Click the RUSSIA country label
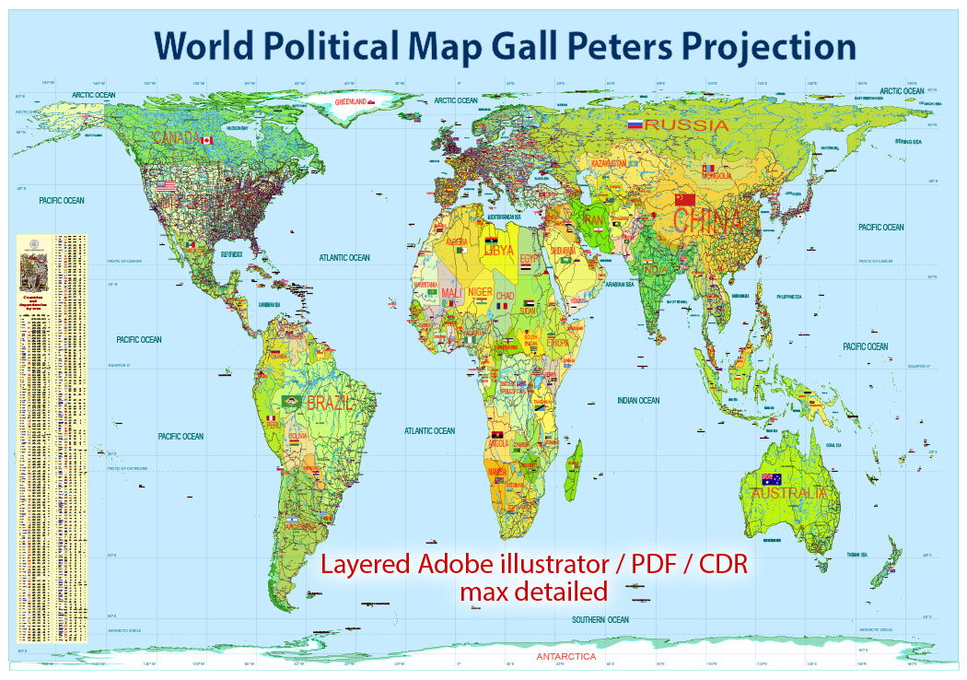(x=686, y=124)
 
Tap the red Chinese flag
(x=685, y=199)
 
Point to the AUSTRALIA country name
(x=788, y=493)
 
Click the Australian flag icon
(x=769, y=478)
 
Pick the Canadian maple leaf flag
(x=206, y=140)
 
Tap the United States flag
(x=166, y=185)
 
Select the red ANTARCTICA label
(x=565, y=657)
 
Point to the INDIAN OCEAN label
(x=638, y=400)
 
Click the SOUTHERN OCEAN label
(x=600, y=620)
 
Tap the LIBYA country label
(x=498, y=250)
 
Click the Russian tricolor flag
(x=634, y=123)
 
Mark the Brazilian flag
(x=294, y=402)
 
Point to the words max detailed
(x=533, y=590)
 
